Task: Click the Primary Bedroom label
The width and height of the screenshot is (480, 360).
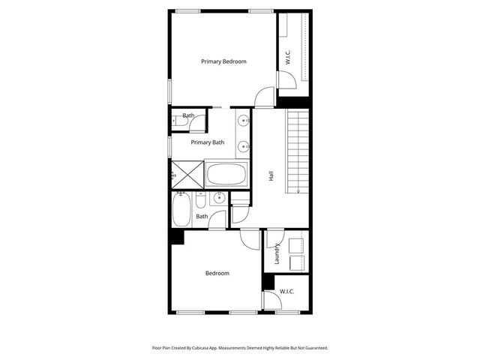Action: tap(223, 61)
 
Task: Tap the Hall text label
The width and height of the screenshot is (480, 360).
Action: tap(271, 176)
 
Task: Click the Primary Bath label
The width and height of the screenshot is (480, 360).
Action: tap(207, 142)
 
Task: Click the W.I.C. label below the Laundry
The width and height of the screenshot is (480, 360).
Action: tap(286, 291)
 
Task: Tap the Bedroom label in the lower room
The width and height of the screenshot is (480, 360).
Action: tap(217, 273)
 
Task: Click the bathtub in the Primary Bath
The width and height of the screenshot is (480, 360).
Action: tap(226, 175)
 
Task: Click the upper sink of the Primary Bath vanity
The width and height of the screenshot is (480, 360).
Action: tap(244, 121)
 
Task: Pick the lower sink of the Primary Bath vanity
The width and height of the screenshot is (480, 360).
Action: tap(244, 146)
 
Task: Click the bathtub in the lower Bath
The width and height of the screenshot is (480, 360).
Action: tap(181, 209)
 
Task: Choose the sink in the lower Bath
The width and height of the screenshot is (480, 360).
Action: tap(218, 198)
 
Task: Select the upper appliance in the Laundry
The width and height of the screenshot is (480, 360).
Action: tap(297, 243)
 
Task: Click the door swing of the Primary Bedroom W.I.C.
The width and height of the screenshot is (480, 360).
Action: tap(286, 80)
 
